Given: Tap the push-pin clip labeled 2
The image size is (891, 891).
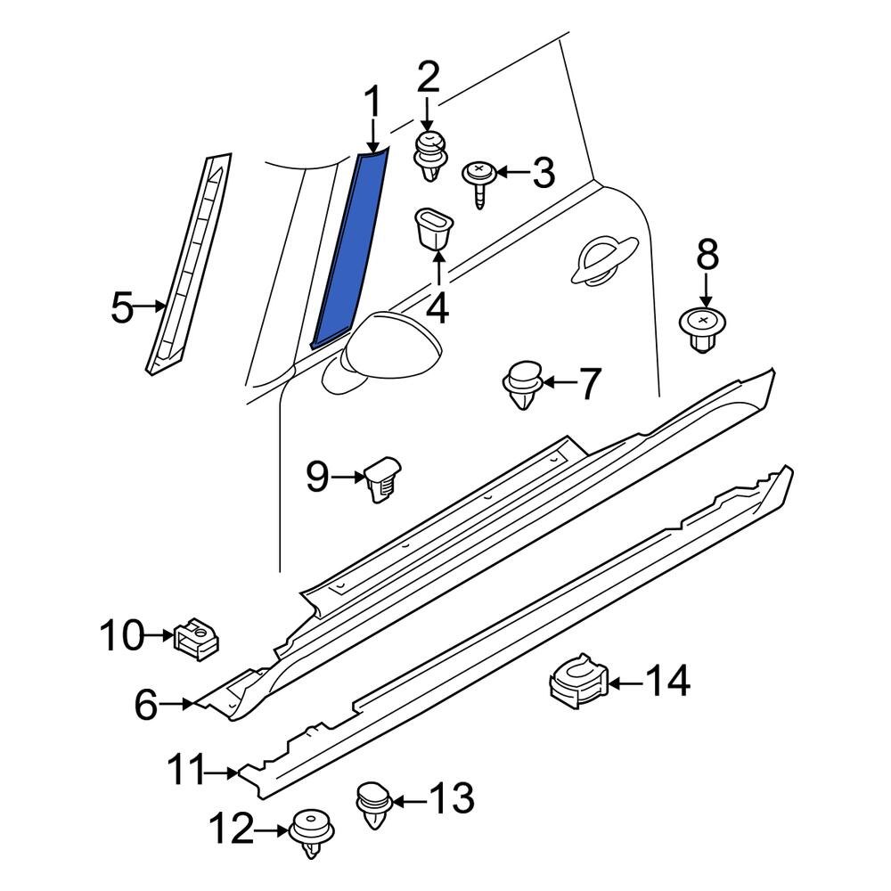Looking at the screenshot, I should tap(431, 156).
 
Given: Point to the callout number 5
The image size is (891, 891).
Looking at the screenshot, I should tap(122, 309).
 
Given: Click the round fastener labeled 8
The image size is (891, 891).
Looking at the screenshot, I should tap(705, 330).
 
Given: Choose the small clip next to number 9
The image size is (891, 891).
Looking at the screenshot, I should tap(382, 479).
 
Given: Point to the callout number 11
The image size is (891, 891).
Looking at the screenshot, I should tap(188, 771).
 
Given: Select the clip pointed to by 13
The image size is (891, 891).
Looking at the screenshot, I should tap(374, 802).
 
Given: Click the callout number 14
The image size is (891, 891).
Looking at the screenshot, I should tap(666, 683).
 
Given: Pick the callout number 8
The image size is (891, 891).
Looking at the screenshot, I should tap(707, 256).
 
